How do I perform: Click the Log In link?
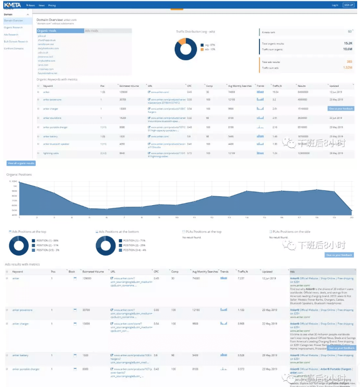(335, 5)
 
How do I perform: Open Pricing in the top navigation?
(52, 6)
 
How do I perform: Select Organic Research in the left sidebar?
(13, 28)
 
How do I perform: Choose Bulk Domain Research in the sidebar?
(16, 41)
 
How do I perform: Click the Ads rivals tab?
(92, 31)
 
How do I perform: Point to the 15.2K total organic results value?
(347, 43)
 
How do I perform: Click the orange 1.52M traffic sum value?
(347, 68)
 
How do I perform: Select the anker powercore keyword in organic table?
(52, 100)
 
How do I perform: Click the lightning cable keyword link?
(51, 153)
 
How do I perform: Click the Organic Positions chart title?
(19, 174)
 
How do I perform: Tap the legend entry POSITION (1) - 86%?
(47, 241)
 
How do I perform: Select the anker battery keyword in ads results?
(20, 355)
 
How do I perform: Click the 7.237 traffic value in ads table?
(241, 278)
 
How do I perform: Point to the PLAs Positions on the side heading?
(292, 231)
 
